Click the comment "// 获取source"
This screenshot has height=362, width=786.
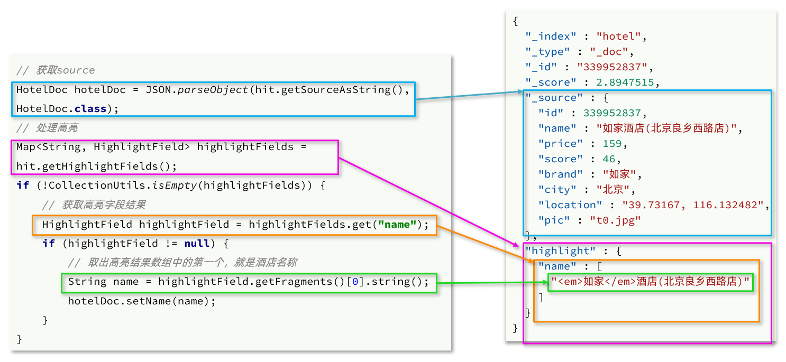pyautogui.click(x=56, y=70)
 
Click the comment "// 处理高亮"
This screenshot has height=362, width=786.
pyautogui.click(x=48, y=128)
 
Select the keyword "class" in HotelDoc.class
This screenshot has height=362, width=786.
pyautogui.click(x=90, y=108)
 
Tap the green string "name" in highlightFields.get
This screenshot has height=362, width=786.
pyautogui.click(x=397, y=225)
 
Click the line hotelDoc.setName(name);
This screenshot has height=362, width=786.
pyautogui.click(x=142, y=301)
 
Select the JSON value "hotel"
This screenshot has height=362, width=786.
pyautogui.click(x=618, y=36)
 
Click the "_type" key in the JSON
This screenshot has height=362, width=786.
pyautogui.click(x=547, y=52)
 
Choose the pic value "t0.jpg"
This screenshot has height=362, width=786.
pyautogui.click(x=615, y=220)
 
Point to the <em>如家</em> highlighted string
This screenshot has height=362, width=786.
pyautogui.click(x=651, y=282)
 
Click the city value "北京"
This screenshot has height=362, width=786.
pyautogui.click(x=613, y=190)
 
